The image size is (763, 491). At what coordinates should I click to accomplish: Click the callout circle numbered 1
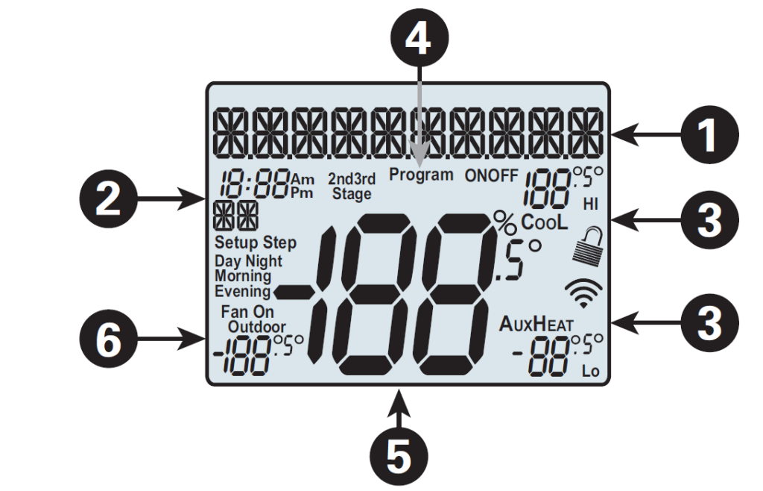[708, 135]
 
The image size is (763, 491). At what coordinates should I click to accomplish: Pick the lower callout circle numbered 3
[708, 322]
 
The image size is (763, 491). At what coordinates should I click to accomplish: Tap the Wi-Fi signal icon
[583, 293]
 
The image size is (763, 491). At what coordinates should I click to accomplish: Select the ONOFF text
[492, 176]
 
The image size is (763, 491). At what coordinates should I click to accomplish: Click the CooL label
[544, 222]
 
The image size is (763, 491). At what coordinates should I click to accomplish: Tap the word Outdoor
[256, 327]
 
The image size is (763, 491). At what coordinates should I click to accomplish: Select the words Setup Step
[255, 243]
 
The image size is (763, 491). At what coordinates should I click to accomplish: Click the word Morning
[243, 275]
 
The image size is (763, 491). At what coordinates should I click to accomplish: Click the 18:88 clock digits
[254, 183]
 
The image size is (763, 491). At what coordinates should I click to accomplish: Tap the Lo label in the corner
[591, 370]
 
